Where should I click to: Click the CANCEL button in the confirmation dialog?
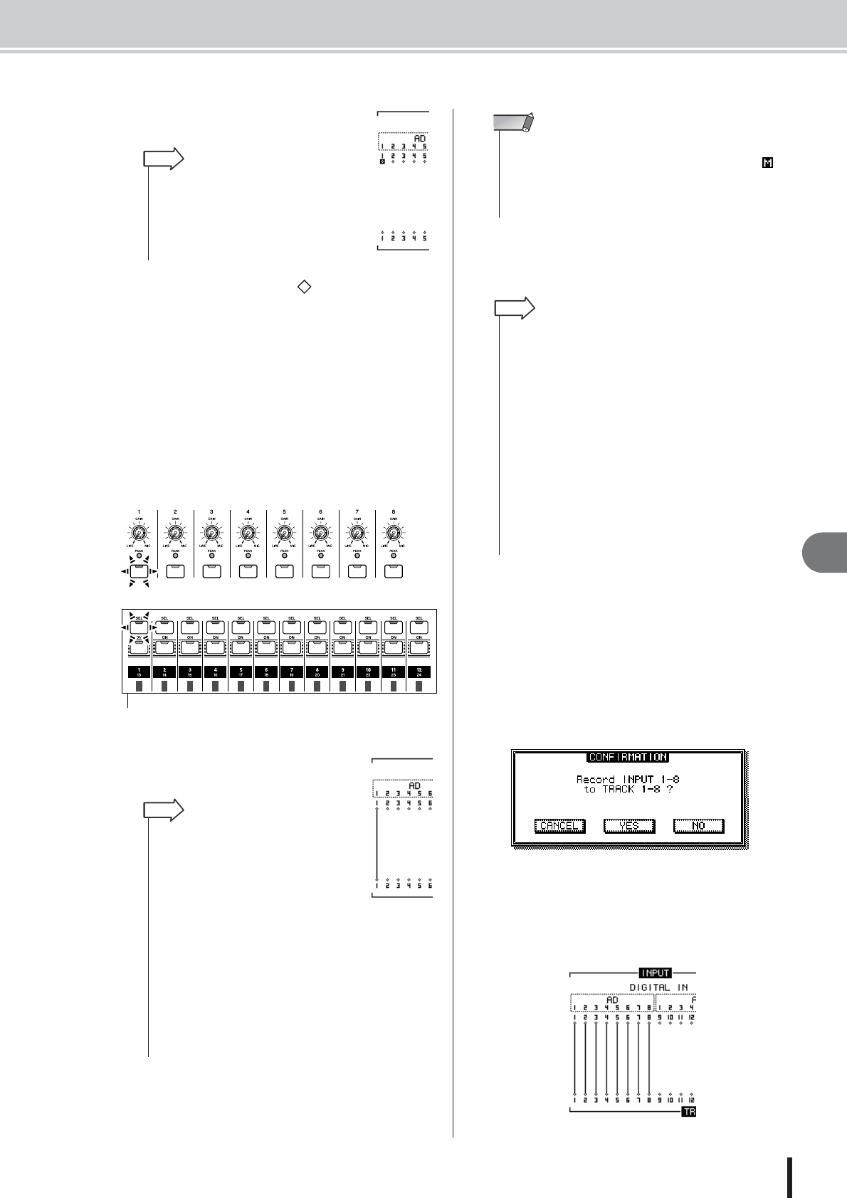pos(559,826)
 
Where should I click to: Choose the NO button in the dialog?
pos(698,826)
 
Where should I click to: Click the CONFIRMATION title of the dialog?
pos(627,757)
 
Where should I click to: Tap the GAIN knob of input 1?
pos(139,533)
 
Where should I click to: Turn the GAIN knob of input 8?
pos(393,533)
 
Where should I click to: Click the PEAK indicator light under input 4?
pos(248,555)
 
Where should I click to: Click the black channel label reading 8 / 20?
pos(317,672)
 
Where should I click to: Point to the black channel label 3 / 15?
pos(190,672)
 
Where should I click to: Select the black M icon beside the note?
pos(767,164)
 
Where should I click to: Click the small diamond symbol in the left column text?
pos(303,287)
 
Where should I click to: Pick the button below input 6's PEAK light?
pos(320,571)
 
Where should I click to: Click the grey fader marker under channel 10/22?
pos(368,687)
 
